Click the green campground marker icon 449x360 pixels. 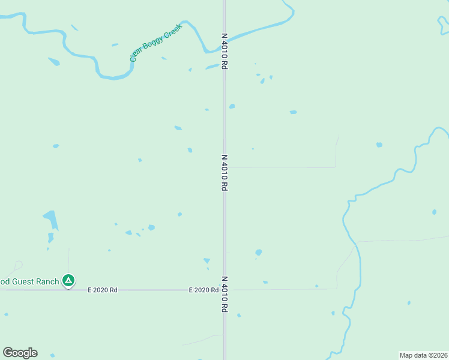point(69,280)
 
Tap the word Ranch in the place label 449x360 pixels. point(51,281)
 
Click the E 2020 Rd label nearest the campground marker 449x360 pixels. point(102,290)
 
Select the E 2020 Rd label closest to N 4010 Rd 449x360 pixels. point(203,290)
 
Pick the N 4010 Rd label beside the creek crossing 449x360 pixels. point(224,52)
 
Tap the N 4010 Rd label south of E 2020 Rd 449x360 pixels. point(224,294)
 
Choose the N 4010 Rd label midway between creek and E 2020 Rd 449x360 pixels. point(224,173)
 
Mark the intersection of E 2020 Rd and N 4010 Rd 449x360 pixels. point(224,289)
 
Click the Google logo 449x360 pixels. point(20,352)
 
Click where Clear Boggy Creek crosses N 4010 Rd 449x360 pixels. point(224,40)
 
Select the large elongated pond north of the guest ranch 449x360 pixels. point(52,220)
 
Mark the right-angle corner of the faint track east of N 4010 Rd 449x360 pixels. point(335,167)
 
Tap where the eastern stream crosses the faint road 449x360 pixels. point(356,242)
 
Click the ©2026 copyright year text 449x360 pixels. point(438,355)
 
